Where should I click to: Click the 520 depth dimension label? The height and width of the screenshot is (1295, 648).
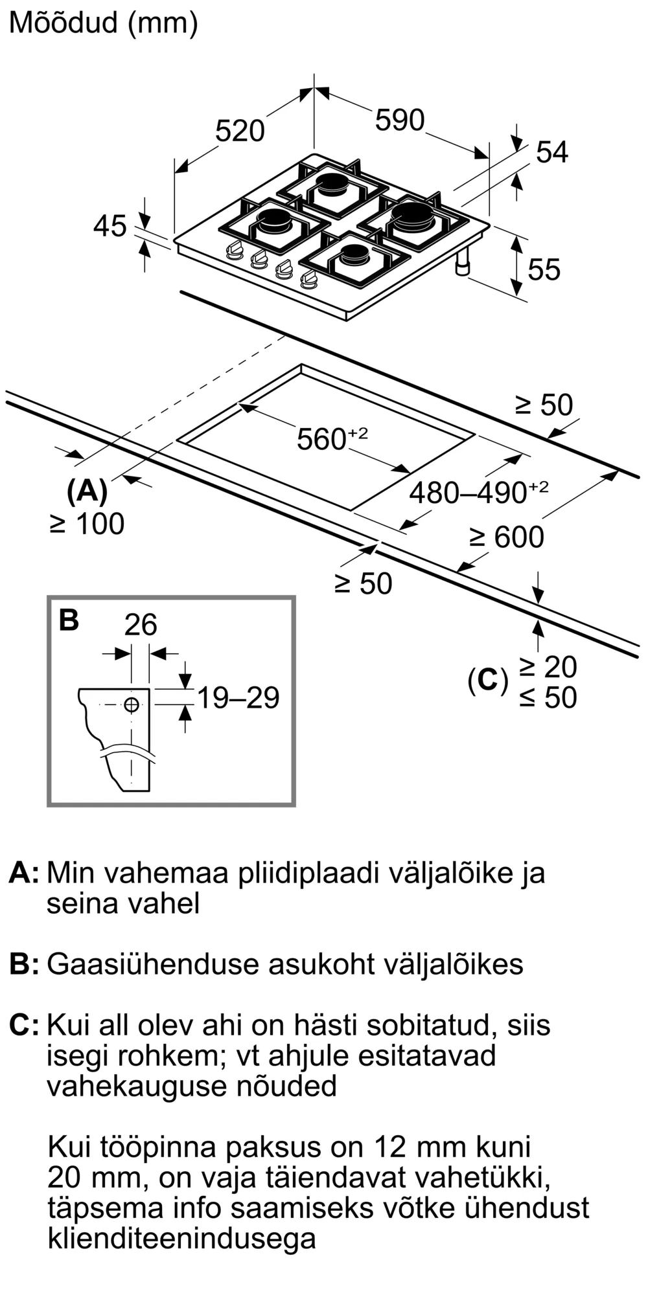pyautogui.click(x=240, y=131)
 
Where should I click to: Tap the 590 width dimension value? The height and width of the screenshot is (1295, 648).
pyautogui.click(x=400, y=120)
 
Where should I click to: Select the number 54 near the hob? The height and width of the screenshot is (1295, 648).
pyautogui.click(x=552, y=152)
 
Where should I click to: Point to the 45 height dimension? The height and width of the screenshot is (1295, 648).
pyautogui.click(x=110, y=227)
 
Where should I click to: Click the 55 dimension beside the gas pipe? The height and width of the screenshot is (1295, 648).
pyautogui.click(x=544, y=269)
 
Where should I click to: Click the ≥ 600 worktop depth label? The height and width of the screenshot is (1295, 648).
pyautogui.click(x=507, y=537)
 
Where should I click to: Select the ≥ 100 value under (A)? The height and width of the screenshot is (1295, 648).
pyautogui.click(x=87, y=524)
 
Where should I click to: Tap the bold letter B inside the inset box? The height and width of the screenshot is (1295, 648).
pyautogui.click(x=69, y=620)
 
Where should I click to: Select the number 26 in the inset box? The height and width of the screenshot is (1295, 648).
pyautogui.click(x=141, y=625)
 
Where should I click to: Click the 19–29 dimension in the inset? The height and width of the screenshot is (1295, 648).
pyautogui.click(x=238, y=697)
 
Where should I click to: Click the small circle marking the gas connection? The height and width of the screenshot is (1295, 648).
pyautogui.click(x=132, y=704)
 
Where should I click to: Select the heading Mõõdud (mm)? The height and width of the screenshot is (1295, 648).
pyautogui.click(x=104, y=23)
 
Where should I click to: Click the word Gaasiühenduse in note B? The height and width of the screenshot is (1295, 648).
pyautogui.click(x=153, y=964)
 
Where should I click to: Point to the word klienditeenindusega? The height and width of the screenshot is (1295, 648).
pyautogui.click(x=181, y=1239)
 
